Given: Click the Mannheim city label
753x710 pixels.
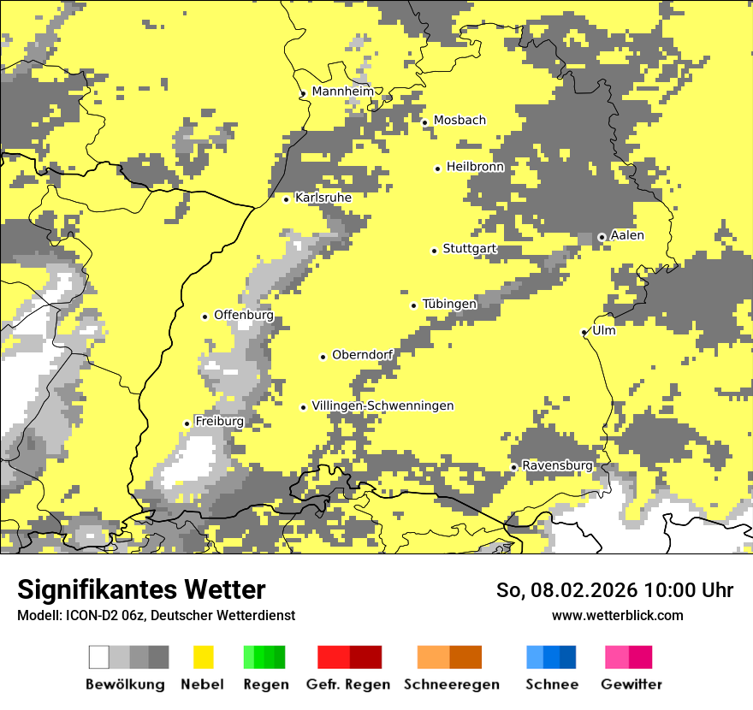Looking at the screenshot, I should tap(343, 92).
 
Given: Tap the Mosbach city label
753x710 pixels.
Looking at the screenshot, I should tap(460, 121).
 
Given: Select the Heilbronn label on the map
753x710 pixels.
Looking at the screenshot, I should tap(475, 167).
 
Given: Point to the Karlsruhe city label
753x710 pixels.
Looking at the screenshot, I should tap(323, 198).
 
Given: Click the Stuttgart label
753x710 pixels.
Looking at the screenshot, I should tap(470, 249).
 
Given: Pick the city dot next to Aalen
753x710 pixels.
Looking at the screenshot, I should tap(602, 237).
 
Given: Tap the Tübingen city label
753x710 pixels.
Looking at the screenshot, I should tap(449, 304).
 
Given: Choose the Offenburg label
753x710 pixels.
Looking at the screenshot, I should tap(244, 315).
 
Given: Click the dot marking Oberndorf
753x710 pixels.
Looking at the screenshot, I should tap(323, 357).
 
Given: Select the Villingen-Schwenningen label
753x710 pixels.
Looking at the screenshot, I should tap(382, 405).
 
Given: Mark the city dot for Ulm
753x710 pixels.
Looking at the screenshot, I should tap(584, 333).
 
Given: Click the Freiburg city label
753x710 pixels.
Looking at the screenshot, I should tap(219, 422).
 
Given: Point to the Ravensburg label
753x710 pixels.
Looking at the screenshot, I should tap(557, 465).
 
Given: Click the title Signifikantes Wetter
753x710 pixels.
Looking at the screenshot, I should tap(141, 590).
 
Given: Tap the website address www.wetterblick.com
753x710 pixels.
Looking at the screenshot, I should tap(617, 615).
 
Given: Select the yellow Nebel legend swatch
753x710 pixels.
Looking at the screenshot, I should tap(203, 657).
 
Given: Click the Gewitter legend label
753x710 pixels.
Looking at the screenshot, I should tap(631, 684).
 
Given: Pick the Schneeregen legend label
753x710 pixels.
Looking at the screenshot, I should tap(452, 684).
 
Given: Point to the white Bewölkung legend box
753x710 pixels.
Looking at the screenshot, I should tap(99, 657).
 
